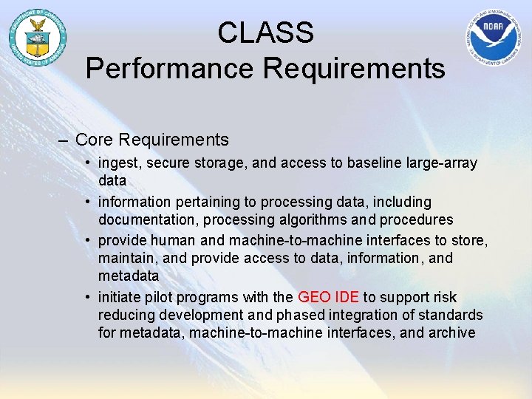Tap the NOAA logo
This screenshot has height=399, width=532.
click(x=495, y=38)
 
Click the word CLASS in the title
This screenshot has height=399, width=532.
click(x=265, y=33)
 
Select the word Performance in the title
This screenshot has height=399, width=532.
click(x=169, y=68)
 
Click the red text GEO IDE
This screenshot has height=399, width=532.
click(x=328, y=297)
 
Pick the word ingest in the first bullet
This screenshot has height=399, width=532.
click(x=118, y=163)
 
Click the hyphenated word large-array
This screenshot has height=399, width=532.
click(x=441, y=163)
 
